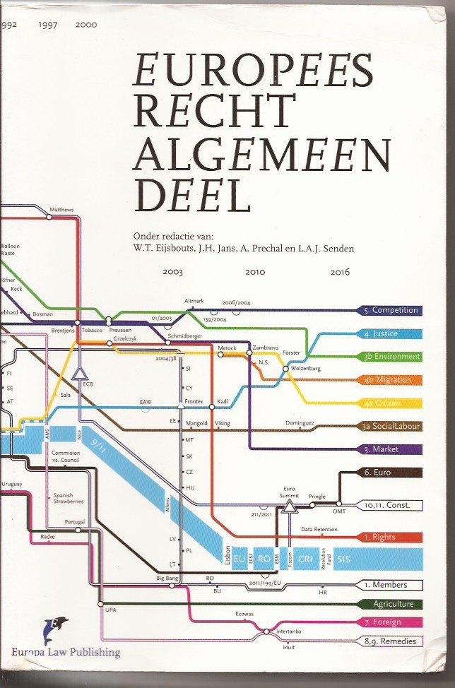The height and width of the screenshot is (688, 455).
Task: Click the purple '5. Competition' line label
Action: tap(391, 310)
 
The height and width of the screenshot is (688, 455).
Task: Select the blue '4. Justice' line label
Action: tap(391, 333)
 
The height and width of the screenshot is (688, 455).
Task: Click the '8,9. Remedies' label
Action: tap(391, 641)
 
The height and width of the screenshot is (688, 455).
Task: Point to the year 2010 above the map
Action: tap(255, 271)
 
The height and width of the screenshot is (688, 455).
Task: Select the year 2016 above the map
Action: tap(340, 271)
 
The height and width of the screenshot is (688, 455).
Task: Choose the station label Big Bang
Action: tap(167, 579)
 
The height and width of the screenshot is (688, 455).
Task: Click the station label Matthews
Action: tap(61, 210)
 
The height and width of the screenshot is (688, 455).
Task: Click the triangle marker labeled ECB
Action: tap(79, 372)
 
